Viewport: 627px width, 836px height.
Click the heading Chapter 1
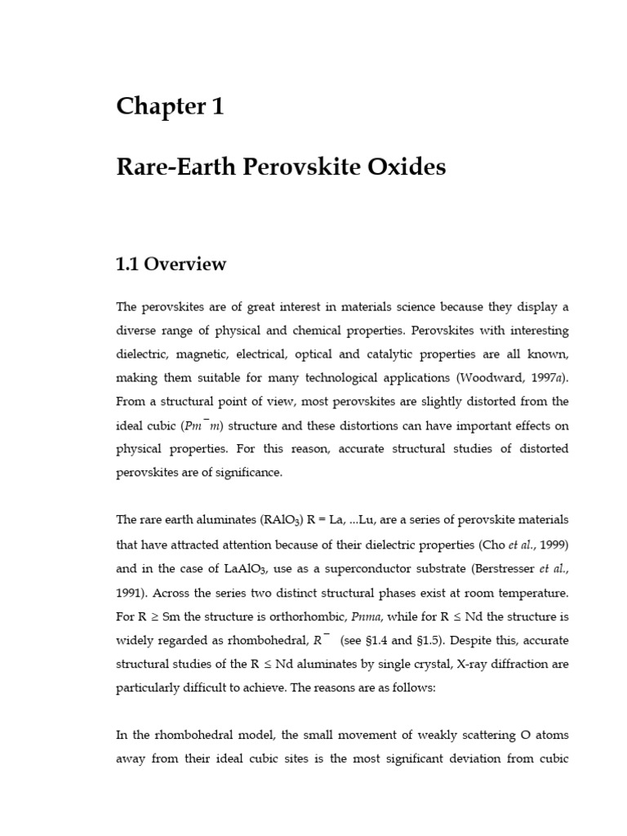click(x=170, y=106)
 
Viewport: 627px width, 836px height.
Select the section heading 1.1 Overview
click(x=171, y=265)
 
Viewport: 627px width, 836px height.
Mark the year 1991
click(x=132, y=591)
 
